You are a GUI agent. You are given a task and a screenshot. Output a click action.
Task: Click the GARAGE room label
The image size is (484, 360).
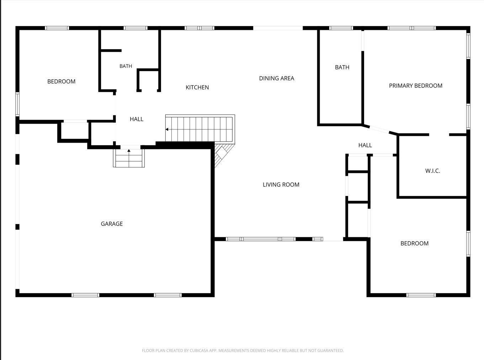[112, 224]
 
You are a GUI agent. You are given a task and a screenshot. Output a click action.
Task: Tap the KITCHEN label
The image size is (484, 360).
[197, 87]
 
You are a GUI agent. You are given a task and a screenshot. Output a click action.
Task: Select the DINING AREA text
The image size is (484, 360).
[276, 78]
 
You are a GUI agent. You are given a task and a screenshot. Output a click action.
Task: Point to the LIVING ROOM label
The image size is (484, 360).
[281, 185]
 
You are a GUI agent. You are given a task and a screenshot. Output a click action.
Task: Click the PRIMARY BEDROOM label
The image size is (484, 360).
[416, 86]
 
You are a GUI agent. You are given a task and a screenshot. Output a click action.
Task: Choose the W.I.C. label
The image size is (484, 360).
[432, 171]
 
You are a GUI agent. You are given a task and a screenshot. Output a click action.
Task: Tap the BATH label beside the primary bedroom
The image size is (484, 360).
[342, 67]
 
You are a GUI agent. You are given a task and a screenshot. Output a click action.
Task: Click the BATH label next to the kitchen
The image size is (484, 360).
[126, 66]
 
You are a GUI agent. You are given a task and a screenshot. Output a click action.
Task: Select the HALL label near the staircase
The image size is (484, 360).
[137, 119]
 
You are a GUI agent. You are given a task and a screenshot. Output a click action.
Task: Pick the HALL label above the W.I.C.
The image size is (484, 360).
[365, 145]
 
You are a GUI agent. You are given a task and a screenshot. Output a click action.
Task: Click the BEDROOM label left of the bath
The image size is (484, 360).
[61, 81]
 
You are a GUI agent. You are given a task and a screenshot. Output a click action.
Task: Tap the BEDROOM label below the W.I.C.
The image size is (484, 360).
[414, 243]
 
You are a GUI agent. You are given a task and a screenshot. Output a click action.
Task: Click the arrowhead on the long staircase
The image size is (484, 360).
[167, 129]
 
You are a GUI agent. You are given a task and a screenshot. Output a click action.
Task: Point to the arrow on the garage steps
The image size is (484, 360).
[129, 155]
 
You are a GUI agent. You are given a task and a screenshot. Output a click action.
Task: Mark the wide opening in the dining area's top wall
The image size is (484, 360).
[278, 28]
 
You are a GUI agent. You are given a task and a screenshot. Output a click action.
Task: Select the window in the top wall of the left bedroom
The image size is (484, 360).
[57, 28]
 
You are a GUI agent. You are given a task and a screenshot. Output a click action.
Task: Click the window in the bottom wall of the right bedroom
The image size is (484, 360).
[421, 295]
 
